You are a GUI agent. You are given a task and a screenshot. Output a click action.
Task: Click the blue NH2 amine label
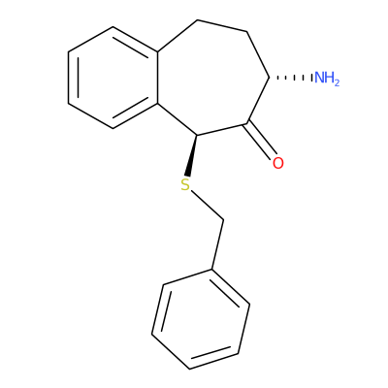coord(327,79)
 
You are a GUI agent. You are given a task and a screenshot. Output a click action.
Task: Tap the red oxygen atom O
coord(278,163)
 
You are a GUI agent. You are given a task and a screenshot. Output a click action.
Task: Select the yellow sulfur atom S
coord(185,184)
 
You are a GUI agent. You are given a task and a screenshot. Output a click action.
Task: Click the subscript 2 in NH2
coord(337,83)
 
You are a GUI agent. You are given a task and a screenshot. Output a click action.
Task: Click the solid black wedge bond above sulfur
coord(191,155)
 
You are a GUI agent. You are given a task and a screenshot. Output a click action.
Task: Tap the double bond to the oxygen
coord(262,140)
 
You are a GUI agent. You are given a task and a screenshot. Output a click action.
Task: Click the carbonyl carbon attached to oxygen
coord(247,123)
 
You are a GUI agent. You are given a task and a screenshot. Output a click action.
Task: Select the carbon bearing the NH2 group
coord(269,78)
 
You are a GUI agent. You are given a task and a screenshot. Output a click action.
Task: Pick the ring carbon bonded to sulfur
coord(197,135)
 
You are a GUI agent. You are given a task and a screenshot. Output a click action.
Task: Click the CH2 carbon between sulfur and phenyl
coord(223,221)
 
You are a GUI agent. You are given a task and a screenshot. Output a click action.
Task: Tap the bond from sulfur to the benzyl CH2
coord(207,206)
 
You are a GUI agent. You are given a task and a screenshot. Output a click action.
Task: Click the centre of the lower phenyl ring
coord(201,319)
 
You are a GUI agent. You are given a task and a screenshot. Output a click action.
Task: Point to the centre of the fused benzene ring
coord(113,78)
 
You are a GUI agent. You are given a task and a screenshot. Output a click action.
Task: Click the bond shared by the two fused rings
coord(157,78)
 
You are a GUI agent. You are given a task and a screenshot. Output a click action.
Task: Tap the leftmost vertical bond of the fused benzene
coord(69,78)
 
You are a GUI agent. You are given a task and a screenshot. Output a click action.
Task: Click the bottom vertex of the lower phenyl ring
coord(189,369)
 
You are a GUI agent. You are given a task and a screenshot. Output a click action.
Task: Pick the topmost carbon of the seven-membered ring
coord(197,20)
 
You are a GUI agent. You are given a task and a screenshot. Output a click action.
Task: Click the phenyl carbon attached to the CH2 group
coord(212,269)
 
